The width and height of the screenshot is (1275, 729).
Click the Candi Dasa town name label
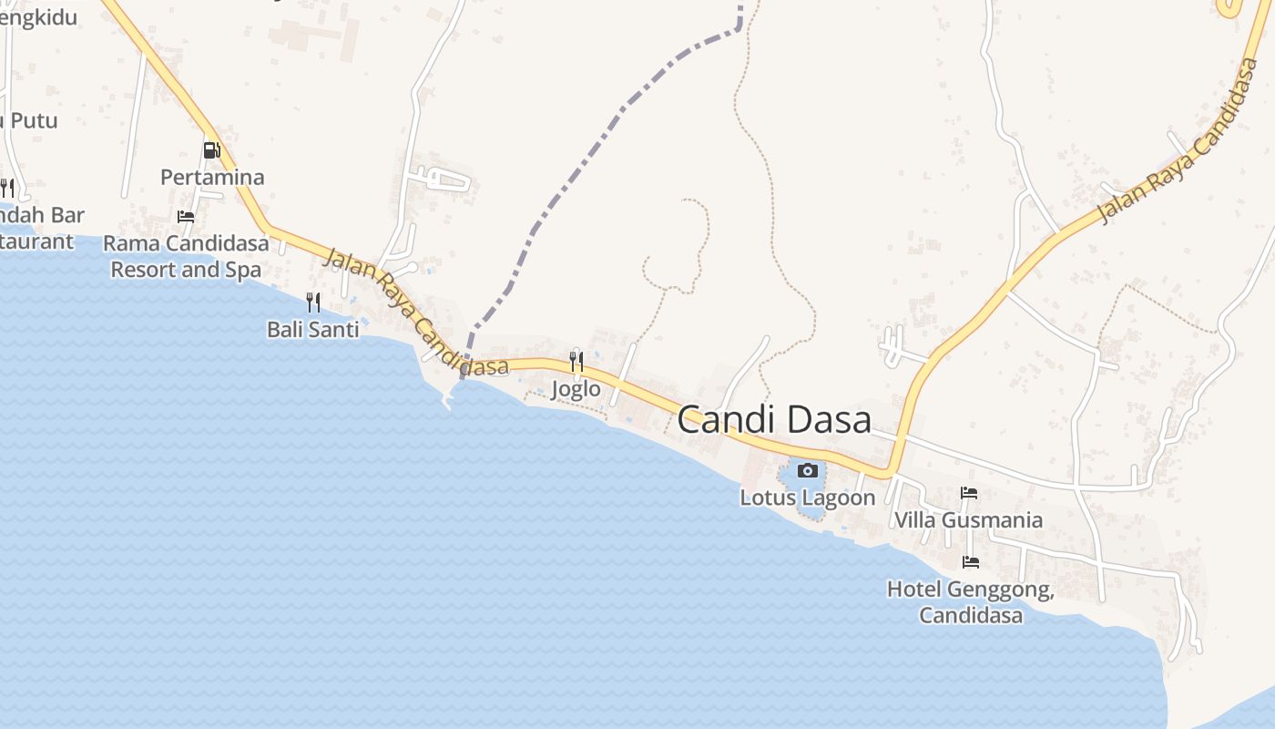(774, 419)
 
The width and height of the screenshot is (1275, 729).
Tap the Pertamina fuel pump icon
(211, 149)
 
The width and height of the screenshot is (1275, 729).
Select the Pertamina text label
(212, 177)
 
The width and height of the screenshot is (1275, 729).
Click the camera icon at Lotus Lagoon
(807, 470)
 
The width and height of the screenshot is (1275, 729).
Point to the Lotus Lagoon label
(807, 498)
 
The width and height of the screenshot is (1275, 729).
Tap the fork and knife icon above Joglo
(576, 362)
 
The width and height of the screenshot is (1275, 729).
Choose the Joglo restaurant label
(576, 389)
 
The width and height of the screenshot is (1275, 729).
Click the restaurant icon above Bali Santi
(313, 302)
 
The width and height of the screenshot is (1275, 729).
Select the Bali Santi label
(313, 329)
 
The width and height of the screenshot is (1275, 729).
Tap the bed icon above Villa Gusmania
(969, 493)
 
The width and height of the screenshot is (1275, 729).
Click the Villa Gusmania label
(968, 520)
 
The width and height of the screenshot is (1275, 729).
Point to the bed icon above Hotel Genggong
(971, 562)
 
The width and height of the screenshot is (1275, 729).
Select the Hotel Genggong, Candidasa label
(971, 602)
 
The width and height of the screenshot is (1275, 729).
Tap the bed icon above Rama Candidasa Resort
(186, 217)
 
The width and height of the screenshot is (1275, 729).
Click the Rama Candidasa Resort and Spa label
(186, 256)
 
